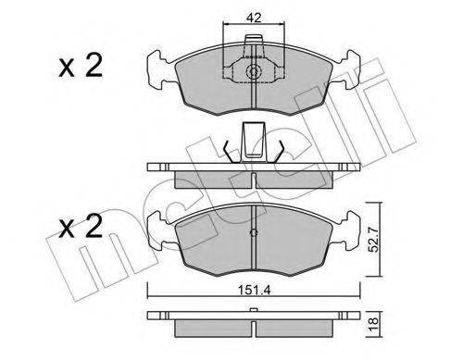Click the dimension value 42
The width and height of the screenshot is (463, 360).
tap(252, 17)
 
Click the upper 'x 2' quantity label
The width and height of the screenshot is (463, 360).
tap(80, 67)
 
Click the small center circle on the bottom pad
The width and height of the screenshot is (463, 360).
tap(253, 231)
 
